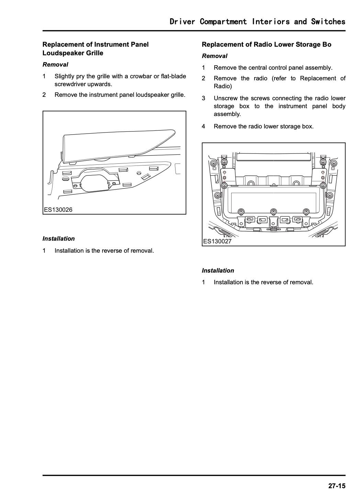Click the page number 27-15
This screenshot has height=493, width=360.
coord(336,485)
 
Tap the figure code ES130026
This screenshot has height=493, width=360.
coord(58,210)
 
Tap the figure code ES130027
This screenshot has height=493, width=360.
coord(217,241)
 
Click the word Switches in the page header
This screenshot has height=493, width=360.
coord(328,22)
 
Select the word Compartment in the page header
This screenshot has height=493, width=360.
coord(223,22)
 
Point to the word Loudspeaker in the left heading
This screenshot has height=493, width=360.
coord(60,53)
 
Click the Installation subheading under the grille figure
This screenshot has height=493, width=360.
coord(58,239)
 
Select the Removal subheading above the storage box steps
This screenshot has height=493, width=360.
coord(214,56)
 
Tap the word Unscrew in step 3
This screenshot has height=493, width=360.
coord(225,99)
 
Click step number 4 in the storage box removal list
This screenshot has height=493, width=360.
coord(203,126)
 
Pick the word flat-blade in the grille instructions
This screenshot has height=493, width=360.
coord(173,76)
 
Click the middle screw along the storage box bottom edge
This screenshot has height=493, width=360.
coord(273,211)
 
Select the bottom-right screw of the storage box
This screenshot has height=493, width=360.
coord(306,211)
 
